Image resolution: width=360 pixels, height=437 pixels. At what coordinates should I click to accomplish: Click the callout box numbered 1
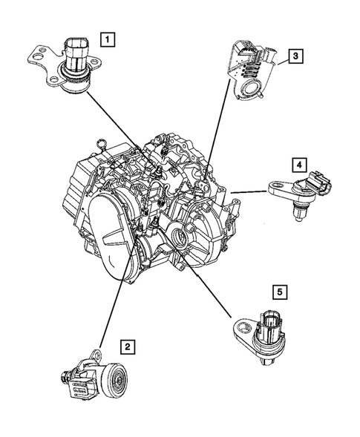click(108, 37)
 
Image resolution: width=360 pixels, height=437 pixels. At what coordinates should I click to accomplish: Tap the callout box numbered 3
click(295, 56)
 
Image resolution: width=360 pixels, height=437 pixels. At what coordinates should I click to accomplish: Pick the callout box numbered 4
click(298, 164)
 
